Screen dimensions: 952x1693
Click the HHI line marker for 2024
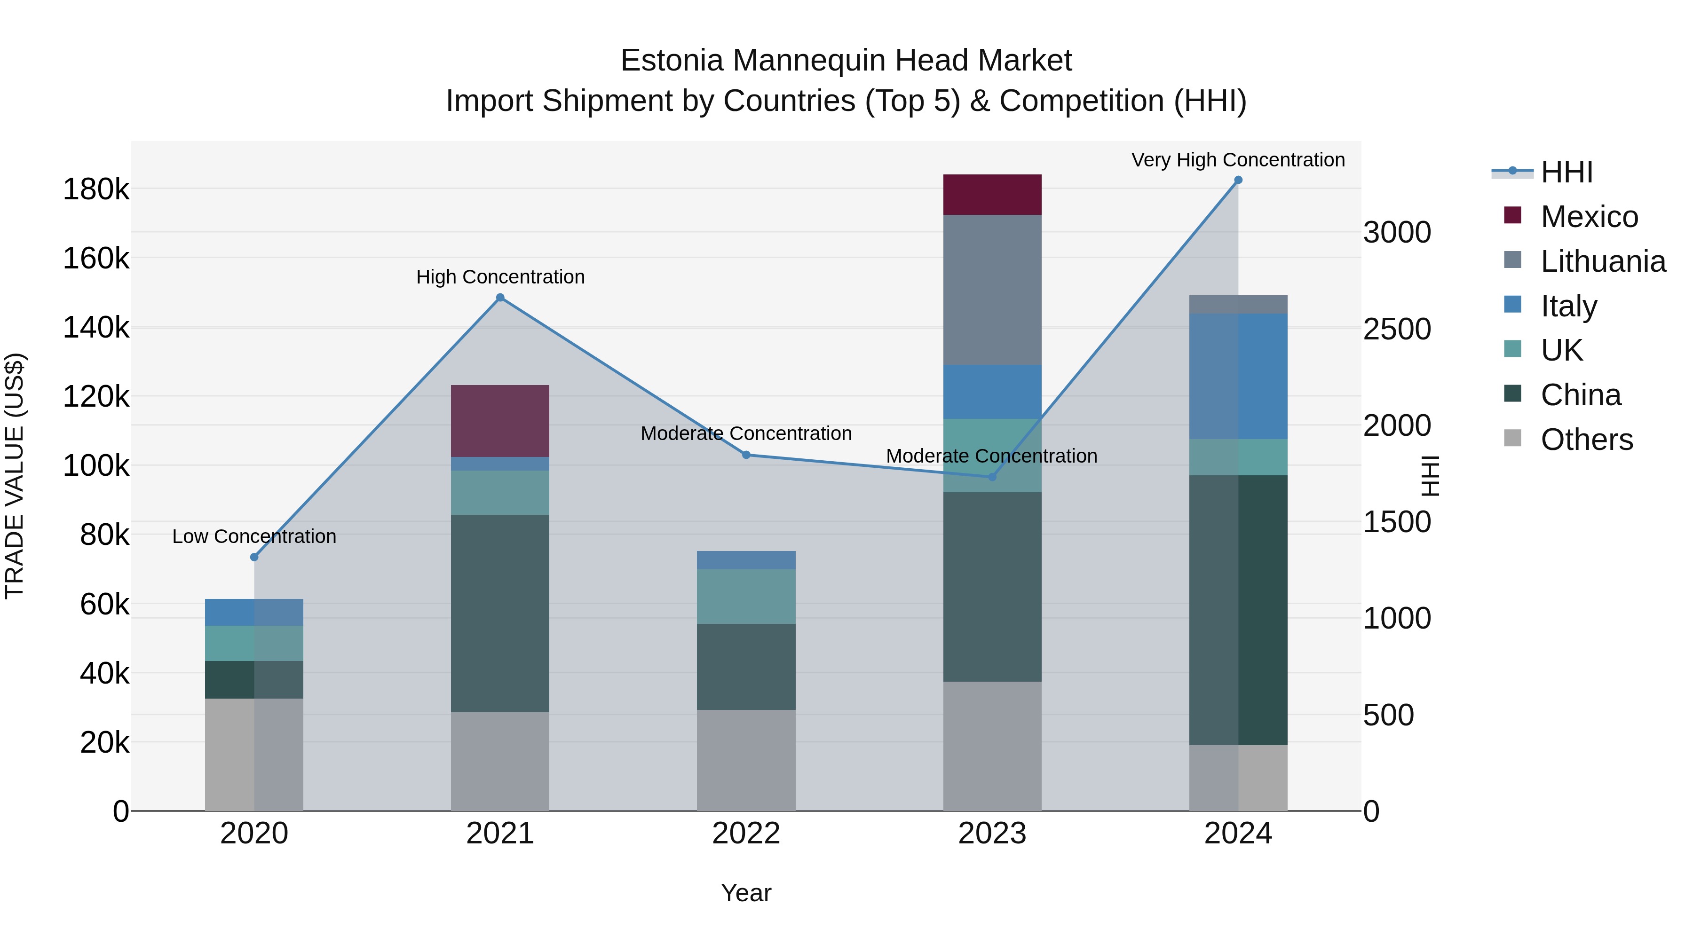click(1238, 180)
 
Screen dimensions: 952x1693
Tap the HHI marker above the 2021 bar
click(500, 298)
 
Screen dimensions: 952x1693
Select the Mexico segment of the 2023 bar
click(992, 195)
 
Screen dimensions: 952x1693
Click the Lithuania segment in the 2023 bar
click(992, 290)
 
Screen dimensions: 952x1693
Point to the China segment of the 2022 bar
click(746, 666)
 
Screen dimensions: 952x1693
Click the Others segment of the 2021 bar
click(500, 761)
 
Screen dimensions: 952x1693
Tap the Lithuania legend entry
click(1602, 261)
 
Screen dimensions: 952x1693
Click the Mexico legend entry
click(1589, 217)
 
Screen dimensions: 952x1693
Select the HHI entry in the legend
click(1566, 172)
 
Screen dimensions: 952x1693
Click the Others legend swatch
click(1513, 438)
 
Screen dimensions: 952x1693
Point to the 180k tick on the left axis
click(96, 190)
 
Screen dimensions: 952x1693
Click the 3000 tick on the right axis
click(1397, 233)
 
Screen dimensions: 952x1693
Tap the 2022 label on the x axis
click(746, 834)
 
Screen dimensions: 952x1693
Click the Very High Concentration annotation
click(1238, 160)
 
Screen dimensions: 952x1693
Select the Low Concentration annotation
click(254, 537)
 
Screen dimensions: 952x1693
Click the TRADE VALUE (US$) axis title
click(15, 476)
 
